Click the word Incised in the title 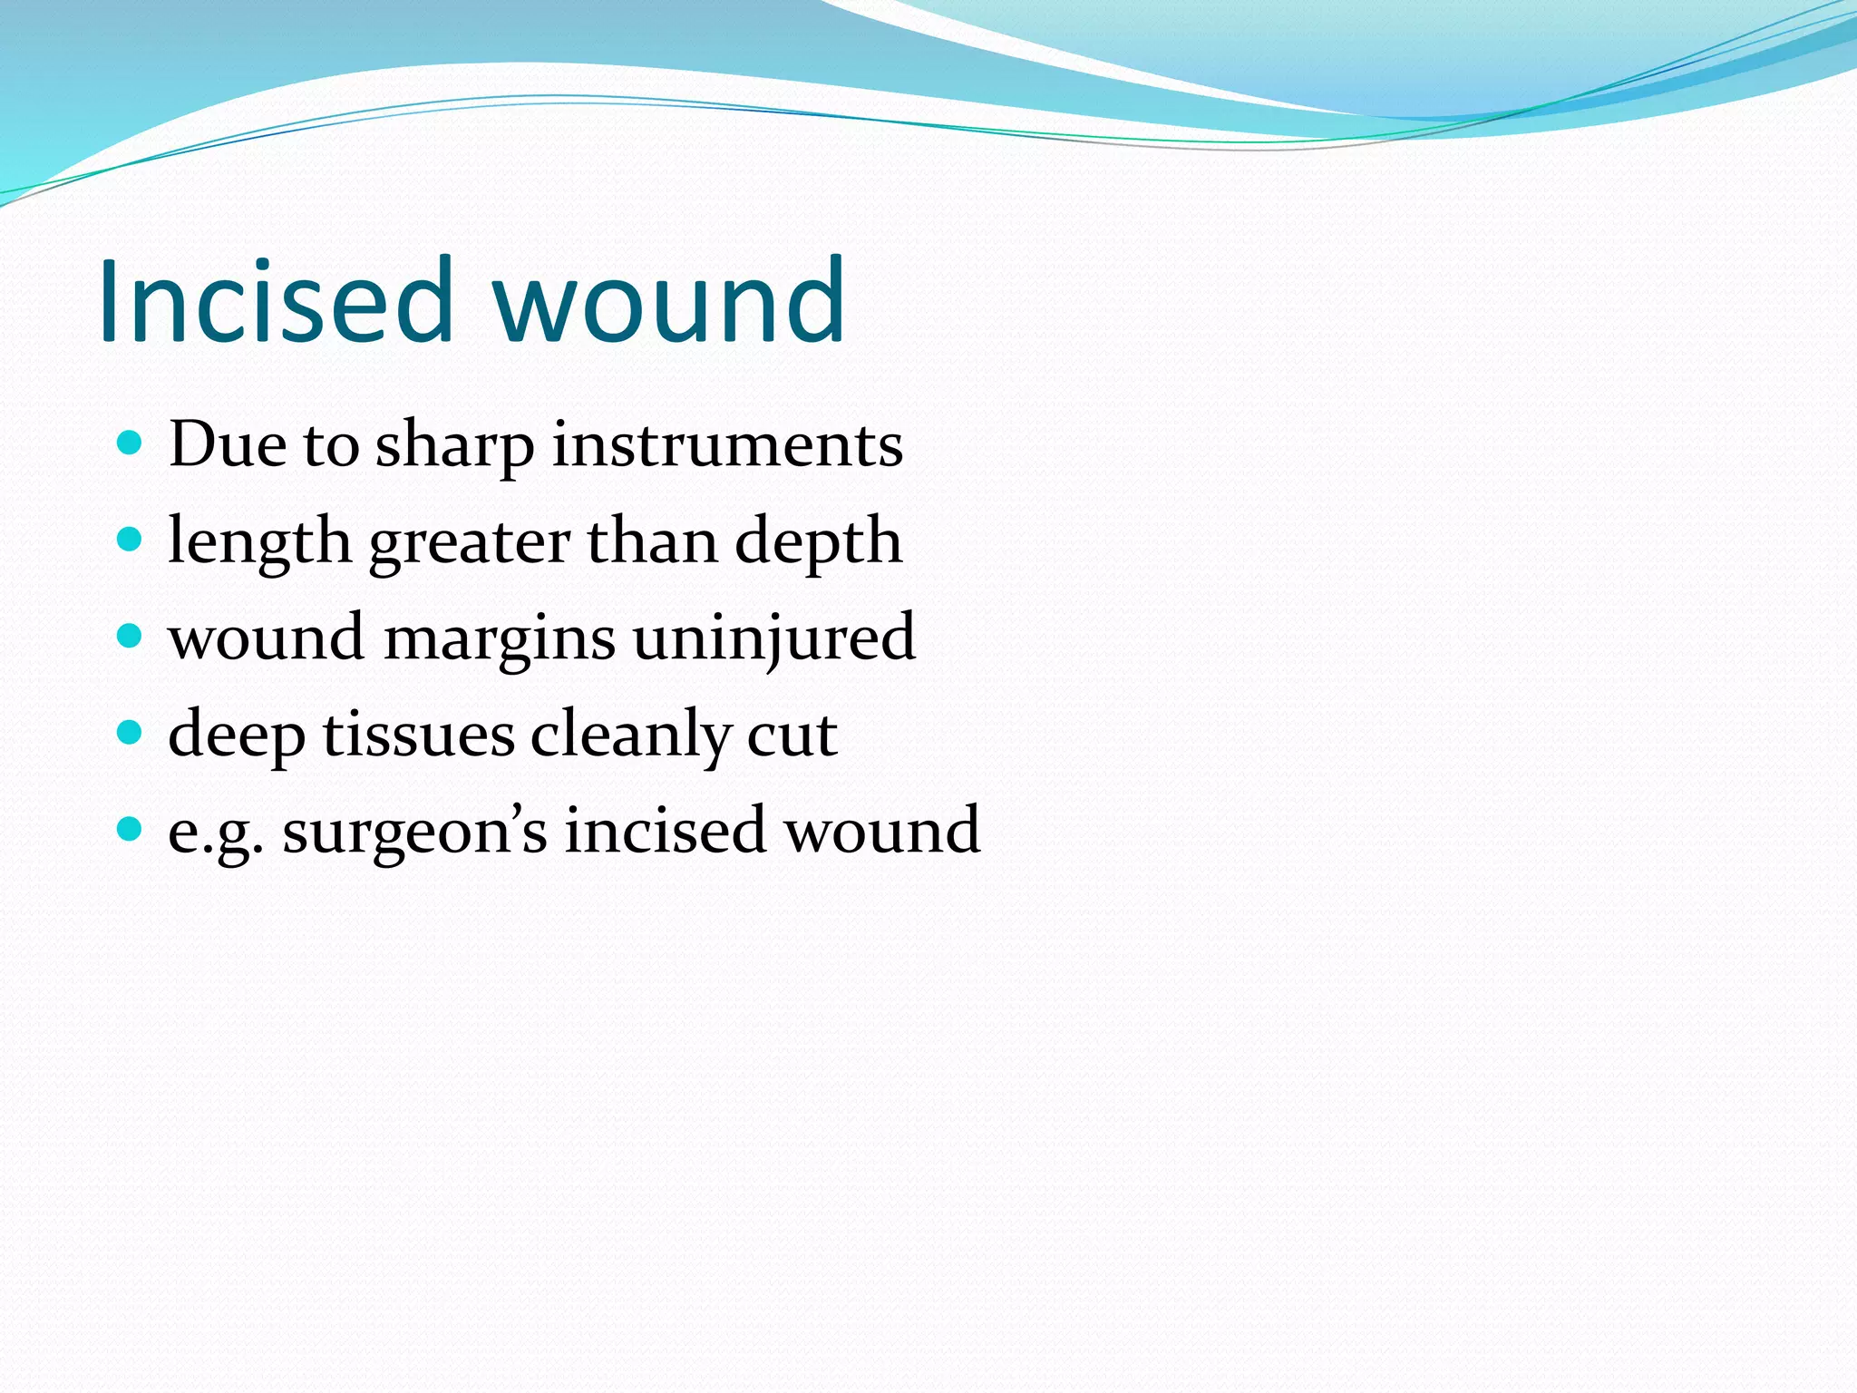[276, 301]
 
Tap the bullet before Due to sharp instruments [131, 443]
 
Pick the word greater [470, 542]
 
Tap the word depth [818, 542]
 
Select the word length [259, 542]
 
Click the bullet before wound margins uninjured [131, 637]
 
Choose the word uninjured [773, 638]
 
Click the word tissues [419, 735]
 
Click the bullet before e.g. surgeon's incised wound [131, 829]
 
